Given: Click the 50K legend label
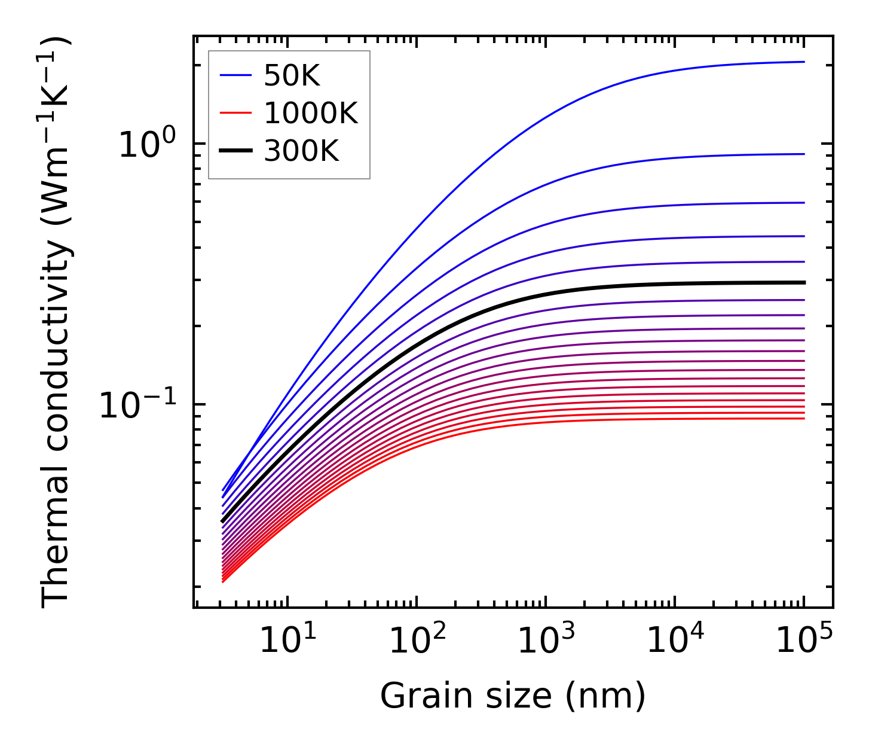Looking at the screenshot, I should click(292, 76).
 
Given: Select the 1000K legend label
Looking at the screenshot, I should click(311, 114).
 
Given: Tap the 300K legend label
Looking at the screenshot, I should click(301, 152).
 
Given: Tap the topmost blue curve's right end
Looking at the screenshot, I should click(802, 62).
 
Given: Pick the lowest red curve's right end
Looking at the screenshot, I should click(802, 418).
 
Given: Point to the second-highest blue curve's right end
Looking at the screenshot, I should click(802, 154).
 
